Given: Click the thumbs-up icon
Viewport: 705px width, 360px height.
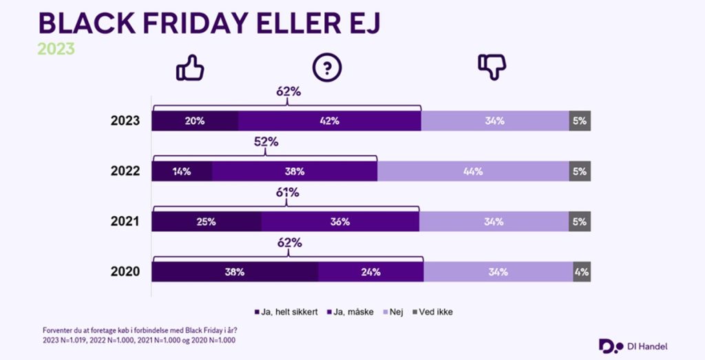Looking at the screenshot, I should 190,67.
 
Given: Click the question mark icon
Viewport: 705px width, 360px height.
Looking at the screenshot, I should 327,67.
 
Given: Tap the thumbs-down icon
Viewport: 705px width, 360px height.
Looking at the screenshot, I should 492,67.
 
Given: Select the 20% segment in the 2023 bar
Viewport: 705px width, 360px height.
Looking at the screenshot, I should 195,120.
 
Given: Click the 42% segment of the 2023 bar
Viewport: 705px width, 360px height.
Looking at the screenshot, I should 329,120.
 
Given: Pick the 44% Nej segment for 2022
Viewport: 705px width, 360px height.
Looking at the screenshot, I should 472,171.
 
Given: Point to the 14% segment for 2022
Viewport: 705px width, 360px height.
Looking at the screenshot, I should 182,171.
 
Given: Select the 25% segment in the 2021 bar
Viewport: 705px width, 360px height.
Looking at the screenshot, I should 206,222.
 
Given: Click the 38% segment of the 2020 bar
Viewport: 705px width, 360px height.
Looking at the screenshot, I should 235,272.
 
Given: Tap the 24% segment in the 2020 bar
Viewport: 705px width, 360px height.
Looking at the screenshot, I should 370,272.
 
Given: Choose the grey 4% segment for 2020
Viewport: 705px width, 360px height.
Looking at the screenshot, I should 582,272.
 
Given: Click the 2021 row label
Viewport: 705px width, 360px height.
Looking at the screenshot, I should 125,222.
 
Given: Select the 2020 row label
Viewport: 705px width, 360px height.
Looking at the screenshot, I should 125,272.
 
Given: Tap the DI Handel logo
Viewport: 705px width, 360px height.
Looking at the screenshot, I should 633,346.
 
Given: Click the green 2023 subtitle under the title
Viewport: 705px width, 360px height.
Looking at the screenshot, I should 56,49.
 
